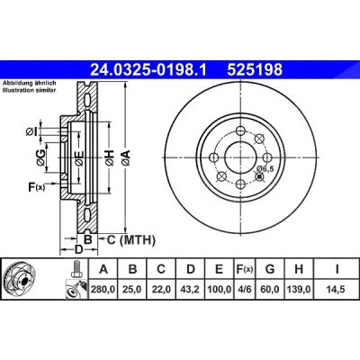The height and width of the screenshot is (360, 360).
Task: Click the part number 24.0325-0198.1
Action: (148, 70)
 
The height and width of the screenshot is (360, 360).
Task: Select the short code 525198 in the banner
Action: (255, 70)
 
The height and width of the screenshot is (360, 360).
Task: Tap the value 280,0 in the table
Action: (103, 290)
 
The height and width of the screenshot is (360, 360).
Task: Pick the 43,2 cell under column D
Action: (191, 290)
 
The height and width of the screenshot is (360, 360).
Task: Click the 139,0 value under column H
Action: (299, 290)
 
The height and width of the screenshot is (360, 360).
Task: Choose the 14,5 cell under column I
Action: (337, 290)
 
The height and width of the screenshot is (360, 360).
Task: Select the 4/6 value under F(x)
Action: (245, 290)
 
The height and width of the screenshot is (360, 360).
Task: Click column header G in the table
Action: (270, 269)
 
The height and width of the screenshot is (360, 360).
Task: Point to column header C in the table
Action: (161, 269)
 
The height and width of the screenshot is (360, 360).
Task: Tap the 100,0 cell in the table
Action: (220, 290)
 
